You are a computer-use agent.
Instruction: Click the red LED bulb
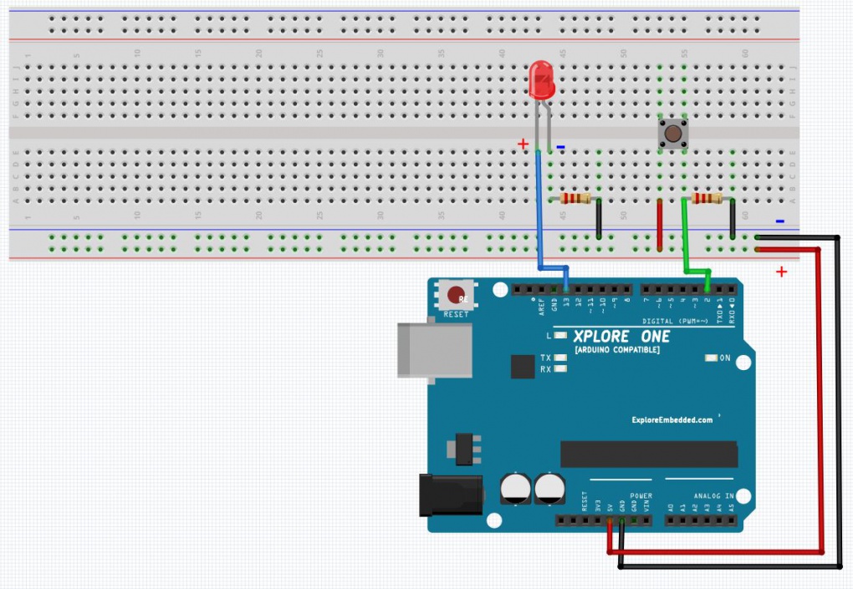pyautogui.click(x=542, y=82)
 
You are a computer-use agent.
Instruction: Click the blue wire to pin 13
pyautogui.click(x=538, y=217)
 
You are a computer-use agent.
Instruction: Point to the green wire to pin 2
pyautogui.click(x=686, y=242)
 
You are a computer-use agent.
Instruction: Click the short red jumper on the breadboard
pyautogui.click(x=660, y=224)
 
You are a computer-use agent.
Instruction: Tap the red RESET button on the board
pyautogui.click(x=456, y=296)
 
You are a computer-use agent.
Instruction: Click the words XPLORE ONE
pyautogui.click(x=621, y=336)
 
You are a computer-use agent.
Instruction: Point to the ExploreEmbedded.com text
pyautogui.click(x=672, y=420)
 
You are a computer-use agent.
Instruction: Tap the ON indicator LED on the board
pyautogui.click(x=712, y=358)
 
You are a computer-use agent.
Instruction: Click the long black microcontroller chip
pyautogui.click(x=648, y=454)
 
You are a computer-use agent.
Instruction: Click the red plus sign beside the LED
pyautogui.click(x=524, y=144)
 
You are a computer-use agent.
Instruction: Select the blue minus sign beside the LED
pyautogui.click(x=560, y=148)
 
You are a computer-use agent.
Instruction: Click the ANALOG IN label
pyautogui.click(x=713, y=495)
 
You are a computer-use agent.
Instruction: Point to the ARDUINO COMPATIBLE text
pyautogui.click(x=616, y=349)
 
